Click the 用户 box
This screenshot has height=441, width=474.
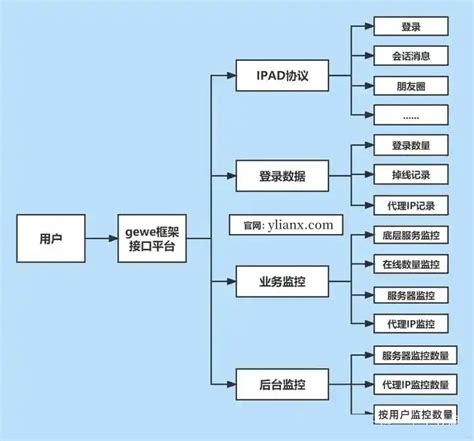point(50,239)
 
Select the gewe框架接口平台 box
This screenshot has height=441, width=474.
point(150,239)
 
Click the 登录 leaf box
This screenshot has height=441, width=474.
point(410,27)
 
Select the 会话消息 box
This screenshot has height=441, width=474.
point(410,56)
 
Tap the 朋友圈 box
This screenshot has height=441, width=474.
point(410,86)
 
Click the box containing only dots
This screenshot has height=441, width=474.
point(410,115)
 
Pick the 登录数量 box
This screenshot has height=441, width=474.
point(410,146)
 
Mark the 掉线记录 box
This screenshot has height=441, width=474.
point(410,176)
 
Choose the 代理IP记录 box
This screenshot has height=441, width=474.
point(410,205)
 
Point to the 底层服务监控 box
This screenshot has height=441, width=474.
point(410,236)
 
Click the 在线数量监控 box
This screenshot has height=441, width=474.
point(410,266)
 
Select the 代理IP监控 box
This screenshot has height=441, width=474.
point(410,325)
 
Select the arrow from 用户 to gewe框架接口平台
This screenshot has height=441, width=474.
point(97,239)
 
